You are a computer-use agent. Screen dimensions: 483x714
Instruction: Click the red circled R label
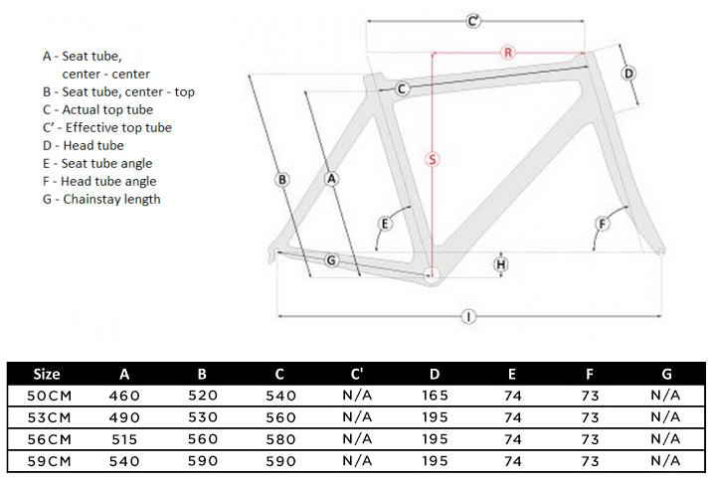508,52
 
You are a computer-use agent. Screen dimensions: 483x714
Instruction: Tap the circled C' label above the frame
474,20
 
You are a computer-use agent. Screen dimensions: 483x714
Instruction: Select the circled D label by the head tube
628,74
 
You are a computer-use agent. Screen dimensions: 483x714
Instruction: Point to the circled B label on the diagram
282,180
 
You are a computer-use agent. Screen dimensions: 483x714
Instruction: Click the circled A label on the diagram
332,178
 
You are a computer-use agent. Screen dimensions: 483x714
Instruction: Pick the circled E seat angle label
384,224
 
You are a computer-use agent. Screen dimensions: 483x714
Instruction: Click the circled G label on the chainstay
332,260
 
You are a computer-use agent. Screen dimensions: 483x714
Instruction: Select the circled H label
501,264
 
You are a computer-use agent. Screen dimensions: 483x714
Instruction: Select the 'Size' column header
47,375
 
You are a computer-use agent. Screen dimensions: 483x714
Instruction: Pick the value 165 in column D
435,395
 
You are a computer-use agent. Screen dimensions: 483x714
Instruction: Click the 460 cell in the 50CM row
124,395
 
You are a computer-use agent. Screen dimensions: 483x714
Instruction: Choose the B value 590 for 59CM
202,460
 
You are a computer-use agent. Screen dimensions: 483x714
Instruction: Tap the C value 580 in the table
279,438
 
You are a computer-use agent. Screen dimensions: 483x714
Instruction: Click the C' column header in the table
357,375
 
